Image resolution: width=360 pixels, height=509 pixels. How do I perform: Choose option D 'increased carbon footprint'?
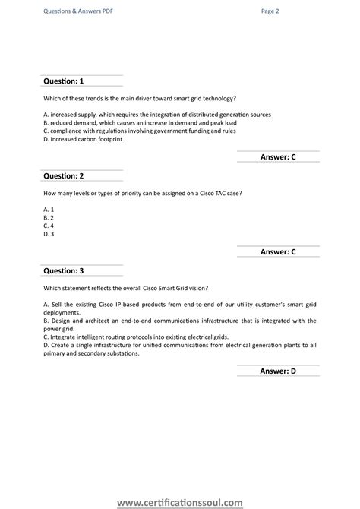(x=83, y=139)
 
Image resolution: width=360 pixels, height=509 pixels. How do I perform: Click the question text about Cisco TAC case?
(x=143, y=193)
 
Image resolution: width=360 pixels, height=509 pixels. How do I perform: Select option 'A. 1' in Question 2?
(x=48, y=209)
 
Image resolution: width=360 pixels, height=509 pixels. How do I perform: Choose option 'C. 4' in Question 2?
(x=48, y=226)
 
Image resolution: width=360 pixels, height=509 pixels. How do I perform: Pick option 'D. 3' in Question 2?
(x=48, y=234)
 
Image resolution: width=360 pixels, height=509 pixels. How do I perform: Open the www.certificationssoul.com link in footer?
(x=180, y=501)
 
